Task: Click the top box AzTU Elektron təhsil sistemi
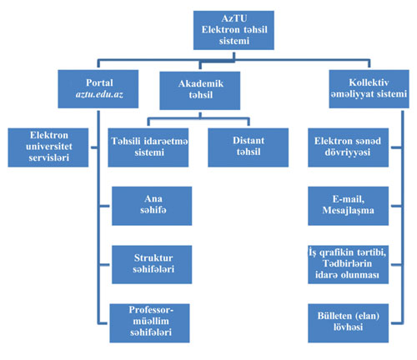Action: tap(234, 30)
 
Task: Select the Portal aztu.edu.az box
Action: tap(98, 89)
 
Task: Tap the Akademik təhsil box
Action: tap(200, 91)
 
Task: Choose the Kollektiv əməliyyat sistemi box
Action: tap(369, 89)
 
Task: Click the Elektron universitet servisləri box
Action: tap(48, 147)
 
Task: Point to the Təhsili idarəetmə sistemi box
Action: tap(148, 147)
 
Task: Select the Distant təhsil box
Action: tap(248, 147)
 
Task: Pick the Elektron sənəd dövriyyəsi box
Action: tap(348, 147)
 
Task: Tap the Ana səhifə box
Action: tap(152, 206)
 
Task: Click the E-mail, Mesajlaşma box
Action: tap(348, 206)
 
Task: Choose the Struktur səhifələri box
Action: tap(152, 264)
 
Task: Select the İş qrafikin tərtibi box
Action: tap(348, 264)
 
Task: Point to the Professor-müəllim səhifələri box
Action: tap(149, 323)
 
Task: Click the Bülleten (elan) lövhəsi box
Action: tap(348, 323)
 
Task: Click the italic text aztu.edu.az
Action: tap(99, 94)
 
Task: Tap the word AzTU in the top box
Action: tap(234, 18)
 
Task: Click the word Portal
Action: tap(99, 82)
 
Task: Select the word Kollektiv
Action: tap(369, 82)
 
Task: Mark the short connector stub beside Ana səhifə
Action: tap(104, 206)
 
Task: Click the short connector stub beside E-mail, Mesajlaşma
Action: tap(396, 206)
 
